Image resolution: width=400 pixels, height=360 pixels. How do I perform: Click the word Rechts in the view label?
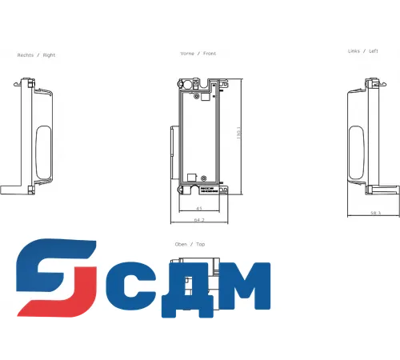coord(26,55)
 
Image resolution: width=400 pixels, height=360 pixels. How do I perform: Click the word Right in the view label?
coord(50,55)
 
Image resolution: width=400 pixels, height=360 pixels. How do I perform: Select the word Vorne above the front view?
coord(187,54)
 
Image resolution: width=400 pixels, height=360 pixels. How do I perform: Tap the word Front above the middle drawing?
coord(210,54)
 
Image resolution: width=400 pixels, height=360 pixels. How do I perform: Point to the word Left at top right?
coord(374,51)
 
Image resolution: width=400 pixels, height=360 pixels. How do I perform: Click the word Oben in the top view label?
coord(181,244)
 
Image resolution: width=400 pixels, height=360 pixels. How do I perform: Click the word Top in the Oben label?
coord(201,244)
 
